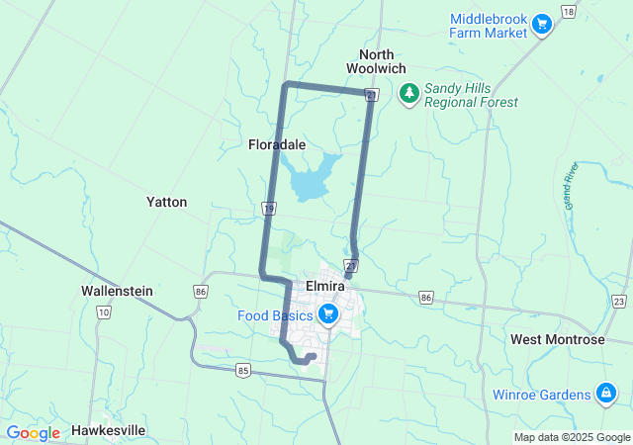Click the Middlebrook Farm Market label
489,26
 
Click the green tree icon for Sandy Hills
408,93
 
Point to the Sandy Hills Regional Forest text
471,95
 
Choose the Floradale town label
276,144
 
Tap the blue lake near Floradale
309,183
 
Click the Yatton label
166,202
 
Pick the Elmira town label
324,286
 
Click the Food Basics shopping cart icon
328,315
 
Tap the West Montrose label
557,339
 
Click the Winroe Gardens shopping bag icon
603,395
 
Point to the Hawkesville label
109,431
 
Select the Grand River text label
570,185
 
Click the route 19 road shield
269,207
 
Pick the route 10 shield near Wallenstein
103,311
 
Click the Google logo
34,433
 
